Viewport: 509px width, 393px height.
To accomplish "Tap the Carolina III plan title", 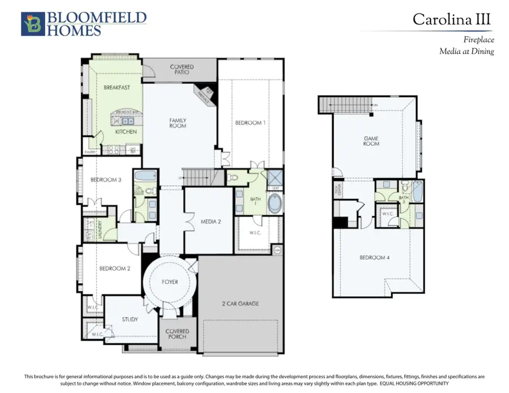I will click(x=452, y=19).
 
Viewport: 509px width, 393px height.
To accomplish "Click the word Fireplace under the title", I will click(x=478, y=40).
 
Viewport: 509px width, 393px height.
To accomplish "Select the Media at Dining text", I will click(x=467, y=51).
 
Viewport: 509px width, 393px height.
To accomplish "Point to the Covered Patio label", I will click(x=182, y=70).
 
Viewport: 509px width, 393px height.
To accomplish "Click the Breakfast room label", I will click(x=117, y=88).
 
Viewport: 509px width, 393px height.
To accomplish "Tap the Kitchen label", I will click(x=126, y=132).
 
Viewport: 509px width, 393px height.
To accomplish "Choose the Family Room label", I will click(x=178, y=123).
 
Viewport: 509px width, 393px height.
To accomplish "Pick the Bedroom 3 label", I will click(x=106, y=180).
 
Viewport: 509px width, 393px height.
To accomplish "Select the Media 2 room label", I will click(x=210, y=222).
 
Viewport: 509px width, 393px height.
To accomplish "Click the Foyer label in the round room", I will click(x=170, y=282).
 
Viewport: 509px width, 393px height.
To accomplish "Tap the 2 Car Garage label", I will click(x=240, y=304).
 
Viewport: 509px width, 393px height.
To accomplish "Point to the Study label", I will click(x=130, y=319).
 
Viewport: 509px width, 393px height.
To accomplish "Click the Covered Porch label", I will click(x=177, y=335).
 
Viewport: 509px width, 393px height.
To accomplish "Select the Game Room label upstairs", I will click(x=371, y=141).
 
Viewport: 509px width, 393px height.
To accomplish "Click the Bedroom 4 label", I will click(x=375, y=258).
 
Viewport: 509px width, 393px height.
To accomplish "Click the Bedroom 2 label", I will click(x=115, y=269).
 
